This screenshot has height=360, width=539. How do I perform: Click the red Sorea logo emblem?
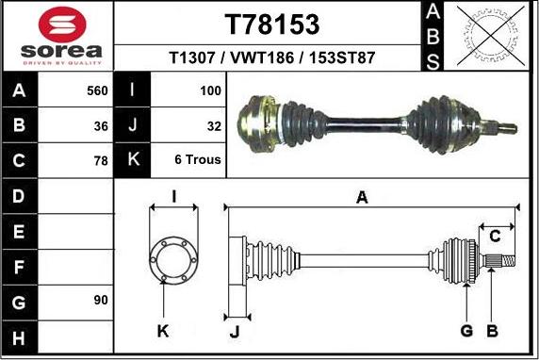coord(62,25)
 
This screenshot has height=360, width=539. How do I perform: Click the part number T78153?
coord(272,25)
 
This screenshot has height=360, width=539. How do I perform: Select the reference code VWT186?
coord(262,57)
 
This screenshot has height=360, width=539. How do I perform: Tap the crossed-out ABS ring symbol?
coord(491,36)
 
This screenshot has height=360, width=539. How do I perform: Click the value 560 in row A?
coord(97,90)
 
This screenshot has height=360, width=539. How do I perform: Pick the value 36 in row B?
coord(101,126)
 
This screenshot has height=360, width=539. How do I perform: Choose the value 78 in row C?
coord(101,160)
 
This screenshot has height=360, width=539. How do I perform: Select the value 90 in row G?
coord(101,300)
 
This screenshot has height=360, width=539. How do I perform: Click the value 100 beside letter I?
coord(210,90)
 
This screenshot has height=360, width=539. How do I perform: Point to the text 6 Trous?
coord(198,159)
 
